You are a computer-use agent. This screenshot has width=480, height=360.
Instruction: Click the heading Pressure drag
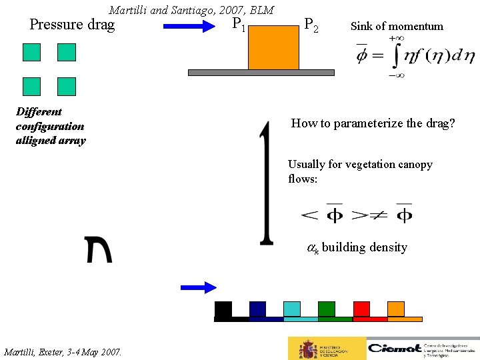pyautogui.click(x=72, y=25)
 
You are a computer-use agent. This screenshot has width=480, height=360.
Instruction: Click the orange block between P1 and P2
pyautogui.click(x=273, y=47)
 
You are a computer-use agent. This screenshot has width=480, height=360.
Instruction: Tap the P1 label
pyautogui.click(x=239, y=25)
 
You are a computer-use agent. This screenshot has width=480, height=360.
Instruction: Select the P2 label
pyautogui.click(x=311, y=25)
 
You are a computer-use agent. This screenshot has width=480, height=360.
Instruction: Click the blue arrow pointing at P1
pyautogui.click(x=187, y=27)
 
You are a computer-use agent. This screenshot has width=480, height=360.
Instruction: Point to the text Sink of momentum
pyautogui.click(x=397, y=27)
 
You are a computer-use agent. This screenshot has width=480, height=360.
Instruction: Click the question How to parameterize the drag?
pyautogui.click(x=373, y=123)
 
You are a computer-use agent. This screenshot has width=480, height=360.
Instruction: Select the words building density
pyautogui.click(x=364, y=247)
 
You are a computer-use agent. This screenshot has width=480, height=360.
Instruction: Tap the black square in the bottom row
pyautogui.click(x=223, y=309)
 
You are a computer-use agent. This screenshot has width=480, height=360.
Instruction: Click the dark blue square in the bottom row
pyautogui.click(x=257, y=309)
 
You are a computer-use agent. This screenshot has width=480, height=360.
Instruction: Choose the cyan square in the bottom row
pyautogui.click(x=292, y=309)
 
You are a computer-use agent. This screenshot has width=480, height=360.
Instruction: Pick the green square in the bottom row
pyautogui.click(x=327, y=309)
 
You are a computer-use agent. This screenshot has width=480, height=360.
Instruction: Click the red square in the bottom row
pyautogui.click(x=361, y=309)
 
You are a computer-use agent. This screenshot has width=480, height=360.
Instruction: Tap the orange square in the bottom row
pyautogui.click(x=396, y=309)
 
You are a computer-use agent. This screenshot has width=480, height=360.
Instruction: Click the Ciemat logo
pyautogui.click(x=421, y=348)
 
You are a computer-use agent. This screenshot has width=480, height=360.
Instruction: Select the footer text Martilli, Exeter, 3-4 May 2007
pyautogui.click(x=63, y=351)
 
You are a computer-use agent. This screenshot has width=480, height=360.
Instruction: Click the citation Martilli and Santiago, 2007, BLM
pyautogui.click(x=191, y=10)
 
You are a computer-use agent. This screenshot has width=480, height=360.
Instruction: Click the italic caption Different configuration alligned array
pyautogui.click(x=51, y=126)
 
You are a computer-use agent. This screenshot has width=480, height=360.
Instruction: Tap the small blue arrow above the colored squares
pyautogui.click(x=199, y=287)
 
